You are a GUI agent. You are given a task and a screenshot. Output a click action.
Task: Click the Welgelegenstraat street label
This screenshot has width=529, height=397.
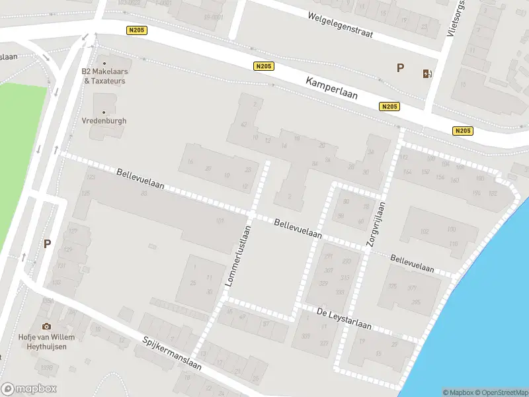coord(340,24)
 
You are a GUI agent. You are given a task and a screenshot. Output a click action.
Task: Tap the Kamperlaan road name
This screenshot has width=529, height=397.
coord(331,87)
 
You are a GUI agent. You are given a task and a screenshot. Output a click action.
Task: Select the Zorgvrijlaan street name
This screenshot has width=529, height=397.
coord(375,224)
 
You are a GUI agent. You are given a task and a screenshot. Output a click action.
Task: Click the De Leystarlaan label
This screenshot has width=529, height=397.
coord(344,319)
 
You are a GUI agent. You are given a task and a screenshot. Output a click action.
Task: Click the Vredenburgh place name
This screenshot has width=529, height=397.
coord(104,121)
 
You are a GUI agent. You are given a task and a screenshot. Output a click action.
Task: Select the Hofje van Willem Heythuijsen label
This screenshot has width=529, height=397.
coord(46,341)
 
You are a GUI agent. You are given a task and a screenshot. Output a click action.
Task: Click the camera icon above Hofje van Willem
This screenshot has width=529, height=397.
coord(46,326)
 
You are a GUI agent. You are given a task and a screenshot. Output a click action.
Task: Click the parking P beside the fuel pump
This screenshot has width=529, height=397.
coord(399,67)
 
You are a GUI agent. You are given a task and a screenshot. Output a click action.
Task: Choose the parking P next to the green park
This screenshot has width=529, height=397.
coord(47,243)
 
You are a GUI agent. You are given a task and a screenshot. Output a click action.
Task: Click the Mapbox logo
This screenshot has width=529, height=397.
coord(29,389)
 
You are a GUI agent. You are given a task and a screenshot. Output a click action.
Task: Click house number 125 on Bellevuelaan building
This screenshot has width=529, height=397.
coord(85,193)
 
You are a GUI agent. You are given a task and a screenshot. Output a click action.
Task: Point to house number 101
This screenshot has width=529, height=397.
coord(220,221)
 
